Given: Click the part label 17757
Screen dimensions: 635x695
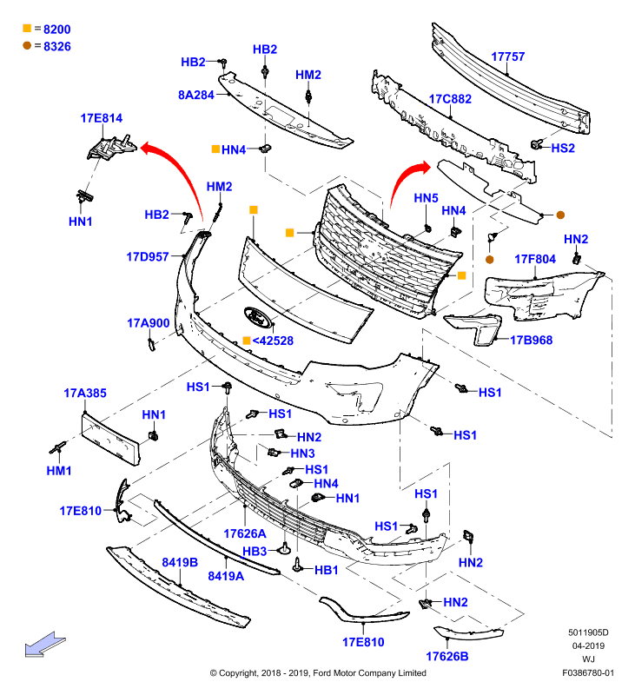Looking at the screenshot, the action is pos(508,56).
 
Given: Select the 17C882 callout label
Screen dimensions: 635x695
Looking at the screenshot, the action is pos(450,99).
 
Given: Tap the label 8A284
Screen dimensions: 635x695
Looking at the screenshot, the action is pos(196,95).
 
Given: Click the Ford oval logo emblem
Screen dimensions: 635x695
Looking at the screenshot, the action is pos(257,317).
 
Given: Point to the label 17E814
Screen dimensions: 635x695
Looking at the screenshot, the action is pos(102,118).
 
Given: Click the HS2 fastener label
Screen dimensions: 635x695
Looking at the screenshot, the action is pos(563,148).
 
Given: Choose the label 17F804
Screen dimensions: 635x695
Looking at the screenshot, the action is pos(535,259).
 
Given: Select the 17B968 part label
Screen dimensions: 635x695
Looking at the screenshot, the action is pos(532,340).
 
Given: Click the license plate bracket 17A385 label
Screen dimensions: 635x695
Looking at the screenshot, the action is pos(85,394).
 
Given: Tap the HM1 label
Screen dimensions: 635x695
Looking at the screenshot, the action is pos(59,471).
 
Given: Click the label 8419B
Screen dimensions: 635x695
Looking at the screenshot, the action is pos(180,562).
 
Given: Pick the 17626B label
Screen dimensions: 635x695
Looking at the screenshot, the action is pos(447,657).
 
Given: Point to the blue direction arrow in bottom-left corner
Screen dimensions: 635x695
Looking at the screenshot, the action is pos(45,645).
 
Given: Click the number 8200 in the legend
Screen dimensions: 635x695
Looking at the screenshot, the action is pos(57,30).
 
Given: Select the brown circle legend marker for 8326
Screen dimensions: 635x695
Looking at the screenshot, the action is pos(27,46).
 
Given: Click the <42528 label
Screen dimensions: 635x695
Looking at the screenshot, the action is pos(273,341).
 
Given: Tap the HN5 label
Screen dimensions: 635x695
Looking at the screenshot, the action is pos(426,198).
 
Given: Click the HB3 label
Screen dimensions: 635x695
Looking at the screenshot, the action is pos(255,552).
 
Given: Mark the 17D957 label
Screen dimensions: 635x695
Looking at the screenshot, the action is pos(148,256).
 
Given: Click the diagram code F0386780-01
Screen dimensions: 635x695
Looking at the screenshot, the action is pos(588,672).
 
